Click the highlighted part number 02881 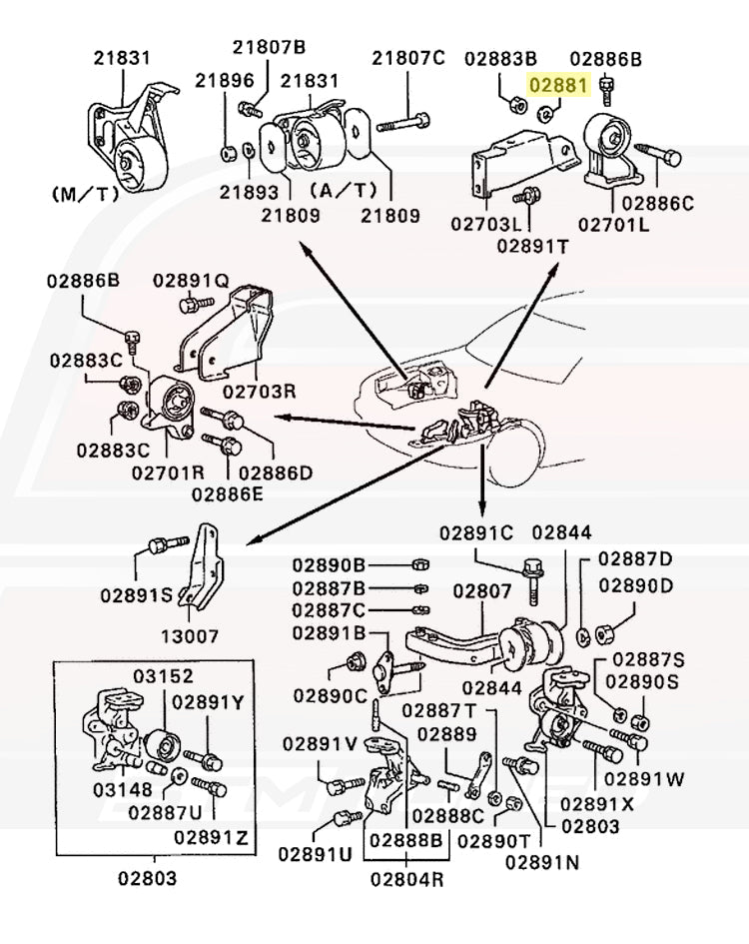point(559,86)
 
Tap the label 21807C point(408,58)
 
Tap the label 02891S point(136,595)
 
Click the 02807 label point(482,590)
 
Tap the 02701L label point(614,224)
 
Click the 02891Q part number point(191,281)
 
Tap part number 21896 point(225,80)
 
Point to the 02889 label point(447,733)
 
